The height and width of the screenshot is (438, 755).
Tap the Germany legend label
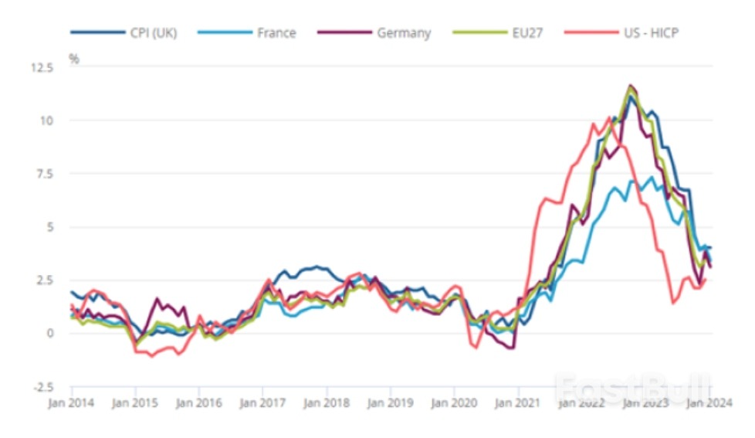[405, 33]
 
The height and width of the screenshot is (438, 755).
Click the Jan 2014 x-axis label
[71, 402]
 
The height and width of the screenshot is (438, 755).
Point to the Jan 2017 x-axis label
[263, 402]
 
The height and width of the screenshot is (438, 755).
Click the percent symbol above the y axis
[74, 58]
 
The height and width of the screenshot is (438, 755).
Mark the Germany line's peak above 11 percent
[631, 86]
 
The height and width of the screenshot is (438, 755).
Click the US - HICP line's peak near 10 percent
[608, 117]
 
